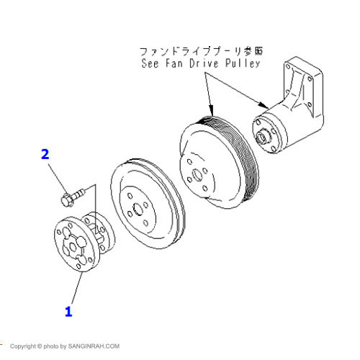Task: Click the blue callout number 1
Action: (68, 312)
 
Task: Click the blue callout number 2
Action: (45, 154)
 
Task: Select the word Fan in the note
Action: (174, 63)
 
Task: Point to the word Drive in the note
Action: (204, 63)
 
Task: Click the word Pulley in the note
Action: (243, 63)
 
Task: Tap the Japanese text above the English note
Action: (201, 51)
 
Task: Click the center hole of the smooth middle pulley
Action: (138, 210)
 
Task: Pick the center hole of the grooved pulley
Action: (198, 175)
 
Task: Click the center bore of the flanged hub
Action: (73, 247)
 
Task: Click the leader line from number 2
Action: (57, 179)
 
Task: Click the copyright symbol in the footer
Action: (40, 346)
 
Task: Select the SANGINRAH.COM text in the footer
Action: (94, 346)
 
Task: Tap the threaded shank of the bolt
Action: (78, 194)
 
